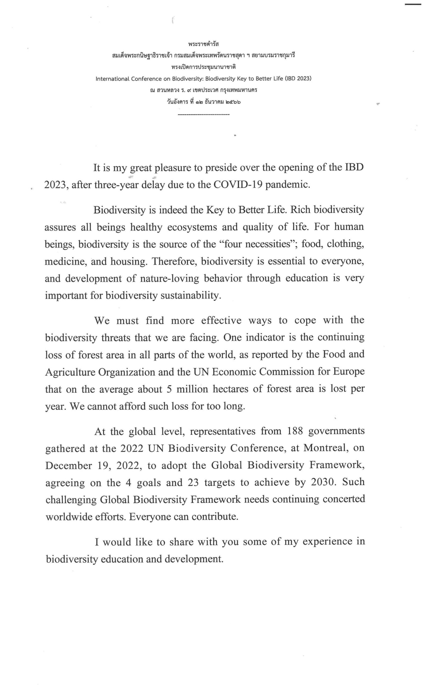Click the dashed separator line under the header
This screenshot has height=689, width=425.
(204, 114)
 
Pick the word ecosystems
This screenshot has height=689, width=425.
(192, 227)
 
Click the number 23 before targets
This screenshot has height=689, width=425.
(193, 483)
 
